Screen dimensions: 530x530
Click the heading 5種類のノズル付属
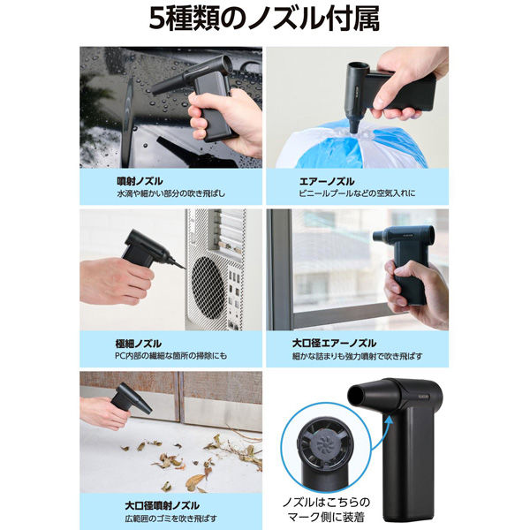(265, 19)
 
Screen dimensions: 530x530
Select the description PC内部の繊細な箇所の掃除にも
(171, 356)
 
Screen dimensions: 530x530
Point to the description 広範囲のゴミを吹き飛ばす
(170, 519)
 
